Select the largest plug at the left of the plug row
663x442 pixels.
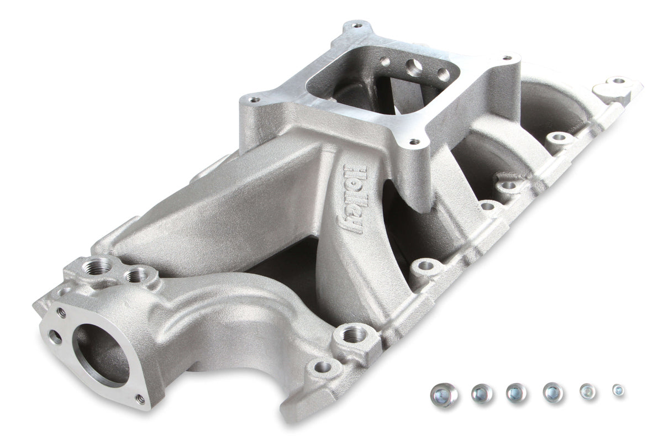(444, 395)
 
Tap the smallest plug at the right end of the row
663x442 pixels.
(618, 390)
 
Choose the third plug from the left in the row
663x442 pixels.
(517, 392)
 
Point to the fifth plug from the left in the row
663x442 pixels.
(587, 391)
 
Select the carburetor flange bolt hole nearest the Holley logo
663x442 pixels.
(412, 143)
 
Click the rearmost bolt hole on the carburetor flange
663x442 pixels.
(355, 25)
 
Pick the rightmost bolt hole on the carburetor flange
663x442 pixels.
(504, 57)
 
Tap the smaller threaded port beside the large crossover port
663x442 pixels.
(135, 275)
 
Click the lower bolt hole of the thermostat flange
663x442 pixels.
(140, 397)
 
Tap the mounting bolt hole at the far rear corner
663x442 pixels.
(618, 81)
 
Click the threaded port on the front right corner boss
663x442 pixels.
(354, 333)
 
